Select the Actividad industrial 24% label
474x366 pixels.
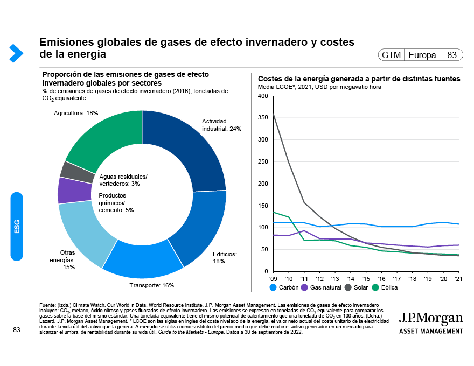pos(221,125)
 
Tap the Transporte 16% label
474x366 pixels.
pos(152,285)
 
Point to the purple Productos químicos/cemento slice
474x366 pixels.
pos(67,189)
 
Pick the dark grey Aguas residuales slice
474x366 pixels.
pos(71,171)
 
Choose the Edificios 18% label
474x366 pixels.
pos(225,257)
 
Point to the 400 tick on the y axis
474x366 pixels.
pos(263,96)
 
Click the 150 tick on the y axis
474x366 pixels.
pos(263,206)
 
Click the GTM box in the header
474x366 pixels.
pos(391,55)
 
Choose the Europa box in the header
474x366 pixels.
pos(422,55)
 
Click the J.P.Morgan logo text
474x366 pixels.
pos(430,318)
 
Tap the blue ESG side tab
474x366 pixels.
pos(17,226)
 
